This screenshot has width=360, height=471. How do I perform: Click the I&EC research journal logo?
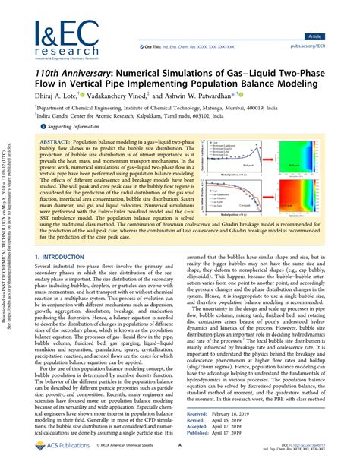tap(67, 38)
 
